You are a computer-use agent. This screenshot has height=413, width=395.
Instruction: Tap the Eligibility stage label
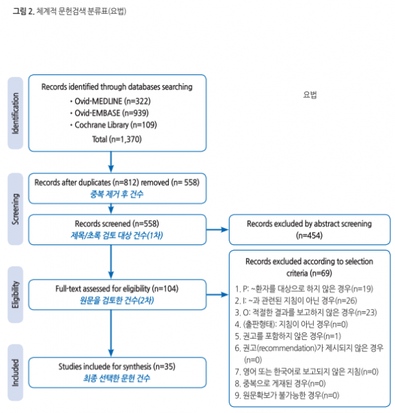16,295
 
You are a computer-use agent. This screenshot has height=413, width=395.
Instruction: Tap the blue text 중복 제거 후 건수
114,193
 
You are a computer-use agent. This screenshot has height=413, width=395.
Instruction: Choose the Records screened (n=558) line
114,224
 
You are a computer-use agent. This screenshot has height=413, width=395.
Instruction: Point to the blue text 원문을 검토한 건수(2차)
114,301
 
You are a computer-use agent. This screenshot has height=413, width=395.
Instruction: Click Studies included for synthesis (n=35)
114,366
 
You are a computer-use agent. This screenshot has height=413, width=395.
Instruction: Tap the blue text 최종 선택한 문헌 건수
114,378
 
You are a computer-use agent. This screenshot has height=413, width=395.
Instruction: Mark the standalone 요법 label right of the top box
309,94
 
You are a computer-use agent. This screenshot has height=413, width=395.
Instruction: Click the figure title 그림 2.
23,12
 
